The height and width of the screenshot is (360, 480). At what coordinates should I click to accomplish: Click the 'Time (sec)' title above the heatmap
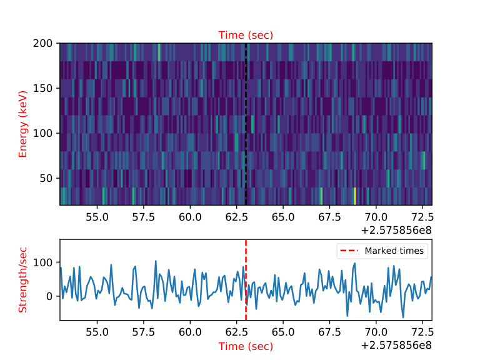click(246, 35)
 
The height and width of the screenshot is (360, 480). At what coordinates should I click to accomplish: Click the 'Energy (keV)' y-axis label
click(23, 124)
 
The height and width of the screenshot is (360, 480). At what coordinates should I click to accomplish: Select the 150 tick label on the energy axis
click(43, 89)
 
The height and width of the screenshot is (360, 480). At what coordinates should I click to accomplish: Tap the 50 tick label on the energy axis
click(46, 178)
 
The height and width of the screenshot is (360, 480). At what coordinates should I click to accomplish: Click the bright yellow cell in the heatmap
click(355, 196)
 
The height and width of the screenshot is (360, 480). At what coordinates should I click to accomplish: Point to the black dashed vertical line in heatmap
click(246, 124)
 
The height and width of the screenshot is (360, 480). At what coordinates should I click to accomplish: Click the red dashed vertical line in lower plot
click(246, 280)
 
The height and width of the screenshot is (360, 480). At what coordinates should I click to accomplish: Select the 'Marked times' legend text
click(394, 251)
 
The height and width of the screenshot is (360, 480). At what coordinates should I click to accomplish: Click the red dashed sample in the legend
click(349, 251)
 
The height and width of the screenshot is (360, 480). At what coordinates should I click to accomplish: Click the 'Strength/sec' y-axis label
click(23, 280)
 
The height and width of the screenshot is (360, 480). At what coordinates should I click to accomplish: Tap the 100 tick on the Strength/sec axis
click(43, 262)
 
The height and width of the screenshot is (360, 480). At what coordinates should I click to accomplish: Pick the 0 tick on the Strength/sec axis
click(49, 296)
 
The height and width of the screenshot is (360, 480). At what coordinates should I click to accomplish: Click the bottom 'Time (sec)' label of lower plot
click(246, 346)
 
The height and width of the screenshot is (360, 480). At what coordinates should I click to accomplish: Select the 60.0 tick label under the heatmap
click(190, 217)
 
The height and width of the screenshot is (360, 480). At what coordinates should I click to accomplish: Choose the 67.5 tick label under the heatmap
click(329, 217)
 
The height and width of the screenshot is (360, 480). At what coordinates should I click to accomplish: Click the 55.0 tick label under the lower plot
click(97, 332)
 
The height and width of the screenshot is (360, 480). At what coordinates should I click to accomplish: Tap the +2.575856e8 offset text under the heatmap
click(396, 230)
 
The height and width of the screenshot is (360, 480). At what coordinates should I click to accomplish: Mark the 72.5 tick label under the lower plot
click(422, 332)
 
